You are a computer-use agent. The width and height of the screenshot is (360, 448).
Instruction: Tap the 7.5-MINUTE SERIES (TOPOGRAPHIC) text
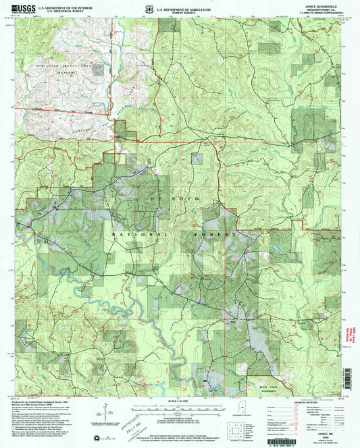click(320, 16)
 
